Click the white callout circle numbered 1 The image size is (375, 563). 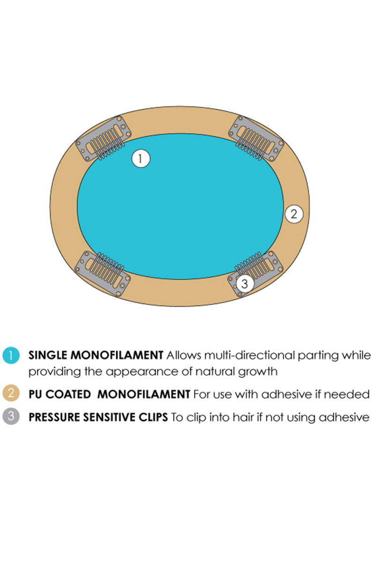(x=141, y=159)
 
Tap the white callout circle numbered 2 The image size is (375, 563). (x=294, y=214)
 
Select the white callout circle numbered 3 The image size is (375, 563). (x=245, y=283)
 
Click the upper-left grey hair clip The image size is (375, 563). (x=103, y=138)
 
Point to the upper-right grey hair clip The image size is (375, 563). (x=256, y=138)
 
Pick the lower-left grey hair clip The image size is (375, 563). (x=103, y=274)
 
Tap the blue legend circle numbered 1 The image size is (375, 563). (x=11, y=356)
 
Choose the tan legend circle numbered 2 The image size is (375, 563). (x=11, y=393)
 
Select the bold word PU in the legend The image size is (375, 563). (x=35, y=394)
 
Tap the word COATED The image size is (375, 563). (x=68, y=394)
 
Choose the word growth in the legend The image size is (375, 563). (x=258, y=372)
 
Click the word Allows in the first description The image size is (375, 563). (x=184, y=356)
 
